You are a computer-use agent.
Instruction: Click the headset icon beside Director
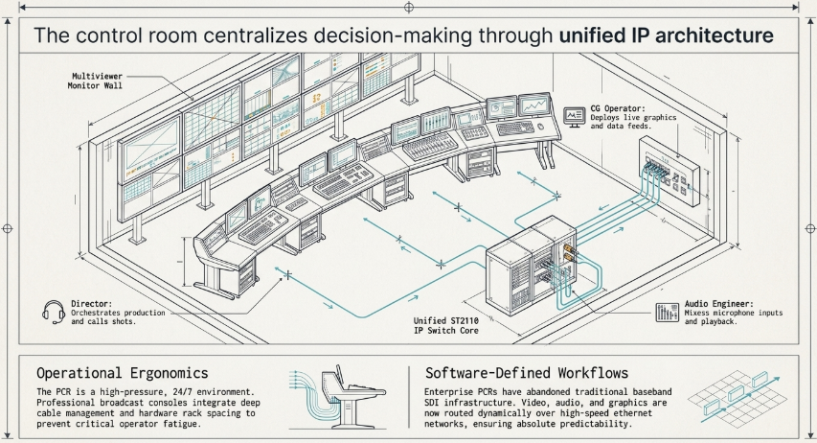pos(53,312)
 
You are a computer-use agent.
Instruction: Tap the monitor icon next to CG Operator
pos(574,117)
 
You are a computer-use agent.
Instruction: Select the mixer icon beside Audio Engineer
pos(667,313)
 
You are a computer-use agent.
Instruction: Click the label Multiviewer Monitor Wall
pos(96,81)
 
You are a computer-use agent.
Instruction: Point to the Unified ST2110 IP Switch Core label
pos(446,326)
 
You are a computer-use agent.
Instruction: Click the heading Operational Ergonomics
pos(123,373)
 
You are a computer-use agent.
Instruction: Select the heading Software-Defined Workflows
pos(527,373)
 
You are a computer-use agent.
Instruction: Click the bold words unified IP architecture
pos(666,35)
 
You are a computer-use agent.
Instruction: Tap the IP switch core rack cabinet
pos(532,267)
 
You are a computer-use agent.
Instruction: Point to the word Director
pos(91,304)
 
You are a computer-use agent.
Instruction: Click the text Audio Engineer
pos(718,304)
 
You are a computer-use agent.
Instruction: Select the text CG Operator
pos(618,108)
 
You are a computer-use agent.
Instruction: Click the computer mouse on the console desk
pos(541,127)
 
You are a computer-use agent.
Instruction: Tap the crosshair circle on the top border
pos(409,8)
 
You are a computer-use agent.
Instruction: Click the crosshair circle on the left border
pos(8,228)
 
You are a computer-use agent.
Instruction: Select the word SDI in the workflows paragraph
pos(433,403)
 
